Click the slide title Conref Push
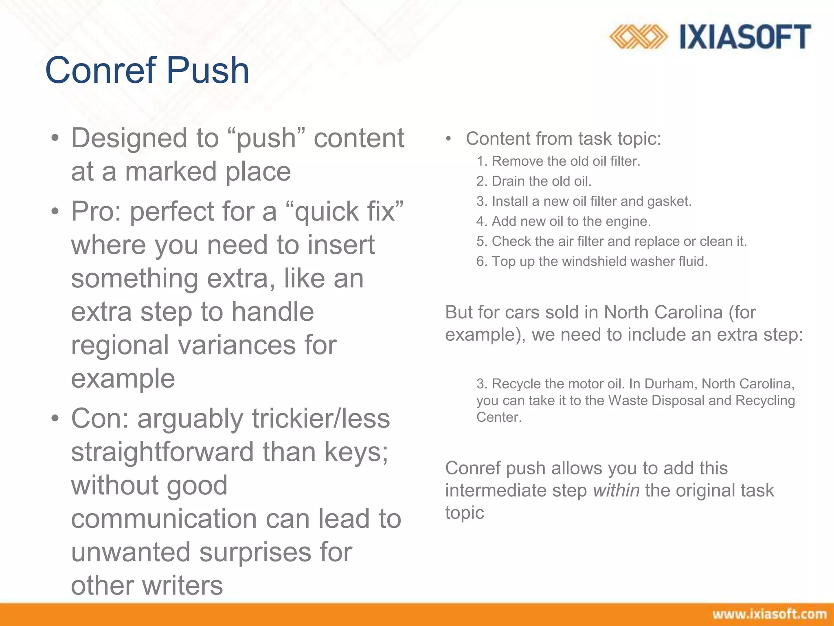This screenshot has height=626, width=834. click(x=147, y=70)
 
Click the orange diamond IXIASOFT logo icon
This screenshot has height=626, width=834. click(x=638, y=37)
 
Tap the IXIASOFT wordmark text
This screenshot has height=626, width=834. click(x=745, y=37)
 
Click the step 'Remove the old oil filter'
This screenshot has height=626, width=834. click(x=566, y=161)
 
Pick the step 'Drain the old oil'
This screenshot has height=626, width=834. click(x=541, y=181)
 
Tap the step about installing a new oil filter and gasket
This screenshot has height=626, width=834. click(x=591, y=201)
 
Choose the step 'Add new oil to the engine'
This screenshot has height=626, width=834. click(x=571, y=221)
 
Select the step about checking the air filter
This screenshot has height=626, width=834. click(x=619, y=241)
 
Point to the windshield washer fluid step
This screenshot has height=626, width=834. click(x=599, y=261)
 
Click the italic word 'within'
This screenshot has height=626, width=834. click(x=616, y=490)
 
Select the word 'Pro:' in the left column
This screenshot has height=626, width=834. click(x=97, y=212)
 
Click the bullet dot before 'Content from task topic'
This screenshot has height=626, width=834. click(x=448, y=139)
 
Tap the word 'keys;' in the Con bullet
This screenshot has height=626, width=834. click(x=356, y=452)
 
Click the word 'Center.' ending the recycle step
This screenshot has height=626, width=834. click(x=499, y=417)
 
